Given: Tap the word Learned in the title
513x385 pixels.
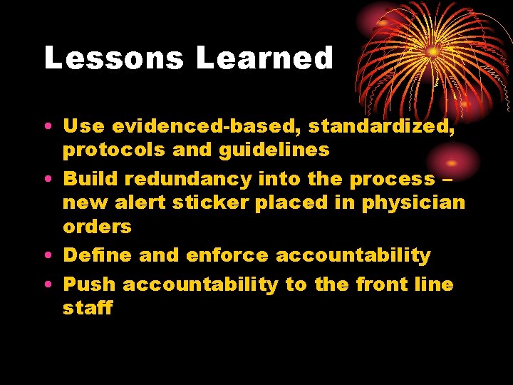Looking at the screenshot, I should tap(264, 58).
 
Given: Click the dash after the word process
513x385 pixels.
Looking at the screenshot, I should tap(447, 179).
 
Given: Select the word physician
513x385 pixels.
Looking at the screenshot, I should tap(413, 203).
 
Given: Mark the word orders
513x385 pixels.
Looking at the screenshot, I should tap(98, 227).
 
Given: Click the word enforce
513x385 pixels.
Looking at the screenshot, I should tap(227, 255).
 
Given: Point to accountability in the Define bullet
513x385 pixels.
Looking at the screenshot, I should tap(353, 255).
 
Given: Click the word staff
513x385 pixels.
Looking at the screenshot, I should tap(88, 308).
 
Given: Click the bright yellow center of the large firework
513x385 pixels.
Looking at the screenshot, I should tap(432, 52).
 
